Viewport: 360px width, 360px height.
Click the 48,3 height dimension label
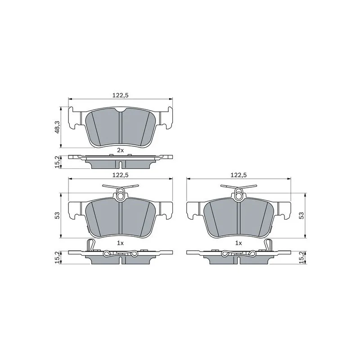[57, 127]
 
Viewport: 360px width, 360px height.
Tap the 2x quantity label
[120, 150]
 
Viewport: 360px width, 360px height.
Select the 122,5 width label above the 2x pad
[120, 95]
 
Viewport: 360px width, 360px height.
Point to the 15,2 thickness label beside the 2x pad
[57, 162]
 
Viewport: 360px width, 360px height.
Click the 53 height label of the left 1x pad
[57, 215]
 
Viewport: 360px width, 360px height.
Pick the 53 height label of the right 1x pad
[301, 215]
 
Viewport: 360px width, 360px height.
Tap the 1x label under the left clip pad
[120, 243]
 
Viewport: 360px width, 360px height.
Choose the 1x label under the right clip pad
[238, 243]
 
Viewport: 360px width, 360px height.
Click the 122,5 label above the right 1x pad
[238, 175]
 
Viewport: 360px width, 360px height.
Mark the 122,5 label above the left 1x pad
[120, 175]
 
